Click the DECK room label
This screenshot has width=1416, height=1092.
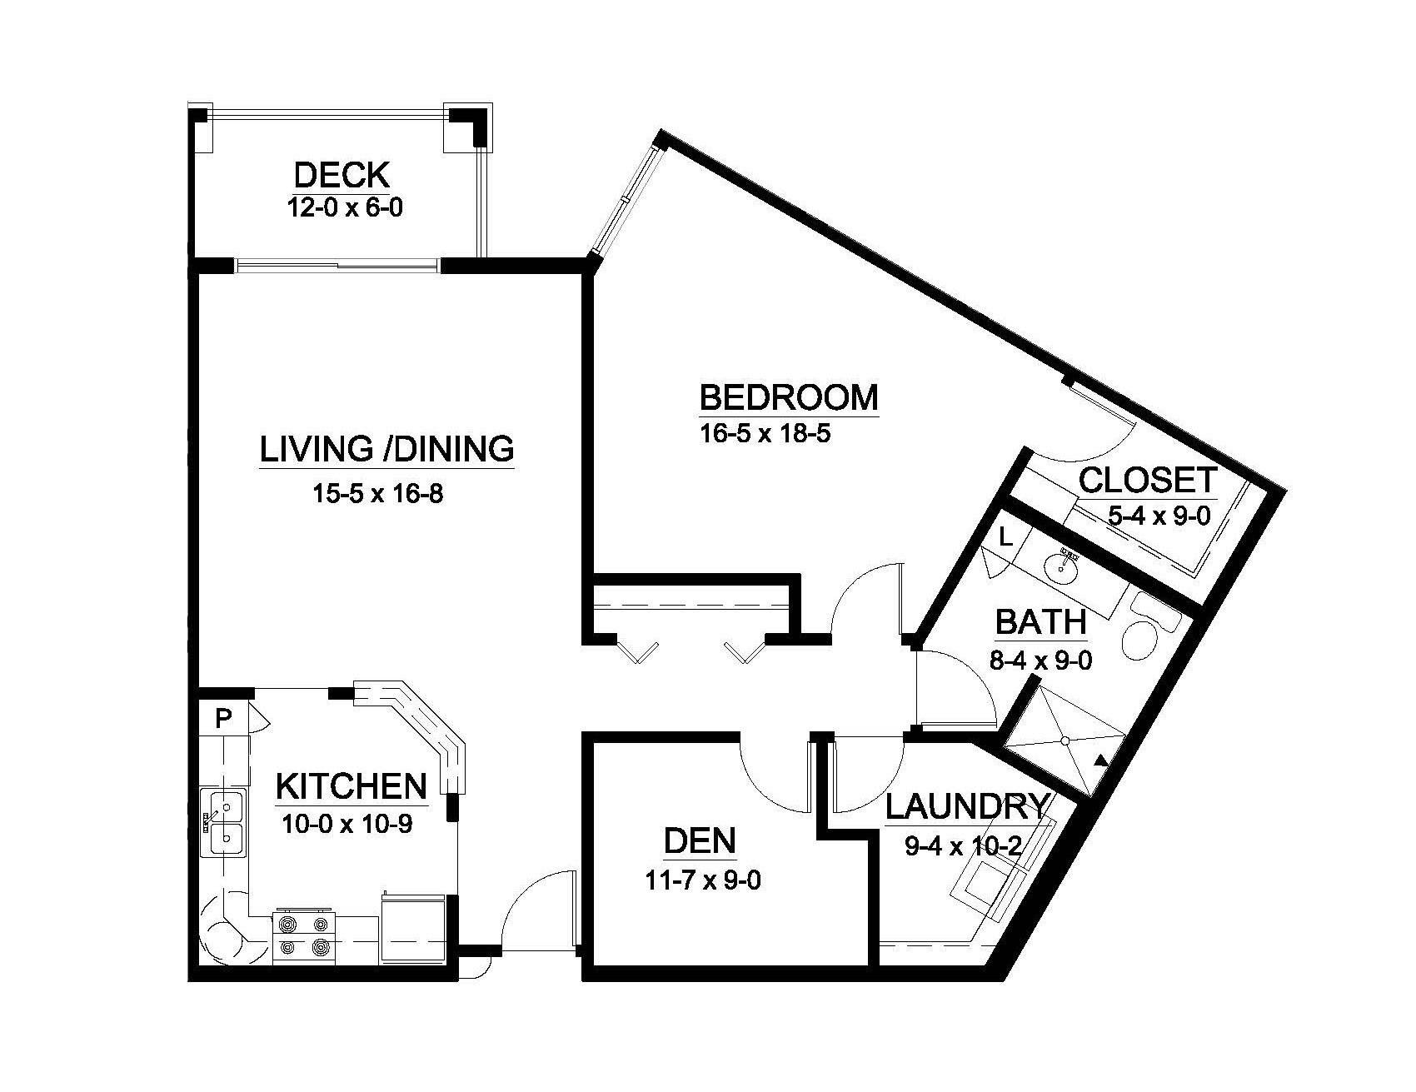pos(342,176)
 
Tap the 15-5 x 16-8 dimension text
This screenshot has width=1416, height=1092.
pos(377,494)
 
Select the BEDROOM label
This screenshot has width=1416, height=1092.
pos(789,398)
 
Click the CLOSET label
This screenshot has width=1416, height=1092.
pos(1149,481)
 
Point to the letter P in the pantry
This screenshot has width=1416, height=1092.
pos(222,719)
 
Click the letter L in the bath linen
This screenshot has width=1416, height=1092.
pos(1005,538)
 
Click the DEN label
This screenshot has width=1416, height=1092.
pos(700,841)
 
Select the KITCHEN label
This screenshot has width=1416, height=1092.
pos(351,786)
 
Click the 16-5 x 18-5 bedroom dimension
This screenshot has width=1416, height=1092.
pos(765,435)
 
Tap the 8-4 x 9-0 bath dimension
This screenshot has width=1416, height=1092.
pos(1040,661)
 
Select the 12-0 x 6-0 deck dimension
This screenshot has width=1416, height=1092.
pos(344,207)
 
